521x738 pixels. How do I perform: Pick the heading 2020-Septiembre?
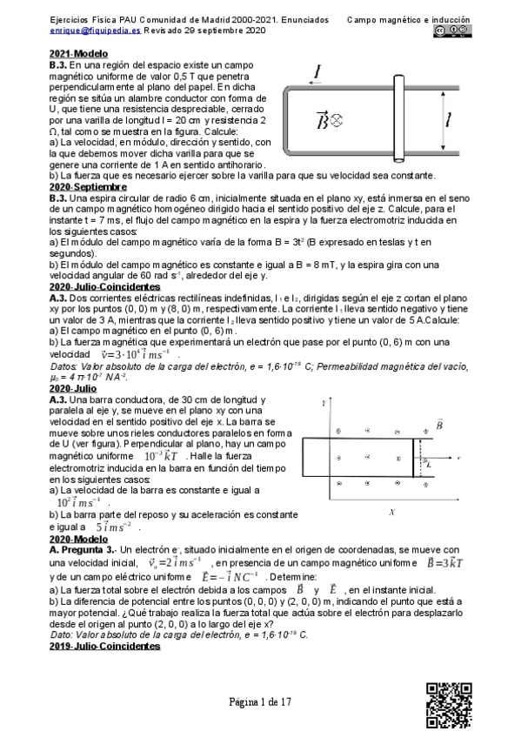point(88,186)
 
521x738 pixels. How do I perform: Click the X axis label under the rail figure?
point(393,512)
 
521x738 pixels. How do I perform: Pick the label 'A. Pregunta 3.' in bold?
point(83,550)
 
